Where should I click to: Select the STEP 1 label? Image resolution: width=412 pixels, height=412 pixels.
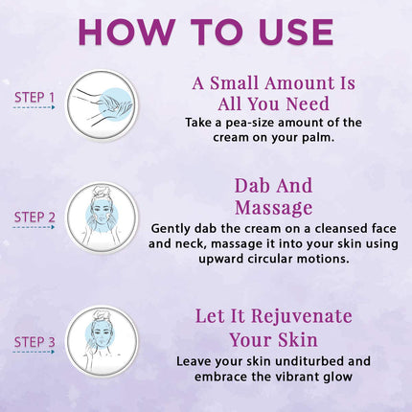click(34, 97)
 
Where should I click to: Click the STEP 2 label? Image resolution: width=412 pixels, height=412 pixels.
click(34, 217)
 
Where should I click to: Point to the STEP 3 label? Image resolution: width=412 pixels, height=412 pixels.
click(34, 340)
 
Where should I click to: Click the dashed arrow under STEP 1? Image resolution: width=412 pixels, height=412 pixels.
click(34, 108)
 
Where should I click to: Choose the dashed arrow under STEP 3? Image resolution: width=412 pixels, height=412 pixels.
click(34, 352)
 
